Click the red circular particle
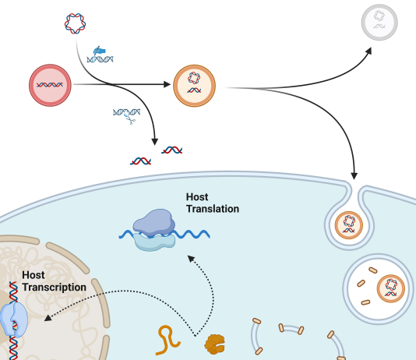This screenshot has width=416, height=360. click(x=50, y=85)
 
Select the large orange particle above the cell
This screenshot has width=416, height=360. click(x=194, y=86)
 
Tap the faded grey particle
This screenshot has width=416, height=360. click(x=379, y=23)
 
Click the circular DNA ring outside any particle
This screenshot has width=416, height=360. click(x=75, y=23)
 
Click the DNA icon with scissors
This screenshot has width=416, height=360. click(x=126, y=116)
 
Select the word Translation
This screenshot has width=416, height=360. click(x=213, y=209)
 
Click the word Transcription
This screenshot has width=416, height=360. click(x=54, y=288)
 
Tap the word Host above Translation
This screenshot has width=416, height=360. click(x=197, y=197)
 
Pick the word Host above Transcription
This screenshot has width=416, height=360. click(x=33, y=275)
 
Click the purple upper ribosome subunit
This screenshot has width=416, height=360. click(x=154, y=222)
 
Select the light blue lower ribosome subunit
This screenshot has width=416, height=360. click(x=155, y=242)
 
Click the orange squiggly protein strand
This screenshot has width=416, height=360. click(x=168, y=340)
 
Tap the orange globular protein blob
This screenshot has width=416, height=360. click(x=215, y=344)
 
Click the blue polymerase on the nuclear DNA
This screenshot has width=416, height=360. click(x=14, y=319)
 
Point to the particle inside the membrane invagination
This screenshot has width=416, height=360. click(x=349, y=225)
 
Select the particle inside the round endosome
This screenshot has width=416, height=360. click(x=391, y=288)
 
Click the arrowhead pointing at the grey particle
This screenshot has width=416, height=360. click(x=368, y=51)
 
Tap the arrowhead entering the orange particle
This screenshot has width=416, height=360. click(x=167, y=84)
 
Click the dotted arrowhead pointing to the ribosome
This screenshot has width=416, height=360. click(x=192, y=259)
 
